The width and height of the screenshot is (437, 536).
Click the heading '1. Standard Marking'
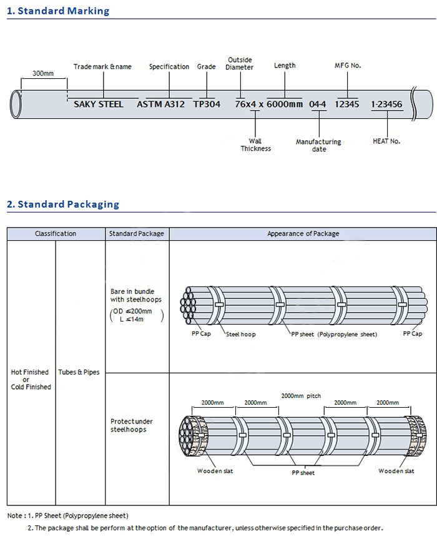58,11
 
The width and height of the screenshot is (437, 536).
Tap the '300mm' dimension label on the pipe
42,74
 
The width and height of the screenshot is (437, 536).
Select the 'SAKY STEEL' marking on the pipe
98,104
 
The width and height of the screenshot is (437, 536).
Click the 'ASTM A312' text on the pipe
160,104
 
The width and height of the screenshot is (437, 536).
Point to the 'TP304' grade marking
207,104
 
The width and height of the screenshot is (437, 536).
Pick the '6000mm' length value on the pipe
285,104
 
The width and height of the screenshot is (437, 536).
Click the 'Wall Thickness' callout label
256,145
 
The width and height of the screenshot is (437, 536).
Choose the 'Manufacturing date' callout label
318,146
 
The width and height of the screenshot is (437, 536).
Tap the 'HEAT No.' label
386,141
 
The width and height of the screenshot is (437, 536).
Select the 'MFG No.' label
348,66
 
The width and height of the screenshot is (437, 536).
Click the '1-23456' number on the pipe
386,104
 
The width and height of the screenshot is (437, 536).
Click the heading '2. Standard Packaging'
62,205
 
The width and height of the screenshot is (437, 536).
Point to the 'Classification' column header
56,234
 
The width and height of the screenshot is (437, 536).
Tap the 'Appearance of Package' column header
303,234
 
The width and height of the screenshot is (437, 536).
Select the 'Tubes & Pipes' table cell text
79,373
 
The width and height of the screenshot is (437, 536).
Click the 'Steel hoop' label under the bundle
240,335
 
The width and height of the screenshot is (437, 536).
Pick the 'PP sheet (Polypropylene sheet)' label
334,335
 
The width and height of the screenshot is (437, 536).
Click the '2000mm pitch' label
301,396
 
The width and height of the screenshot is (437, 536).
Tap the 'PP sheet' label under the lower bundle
303,473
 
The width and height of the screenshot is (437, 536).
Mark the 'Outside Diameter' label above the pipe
240,64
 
